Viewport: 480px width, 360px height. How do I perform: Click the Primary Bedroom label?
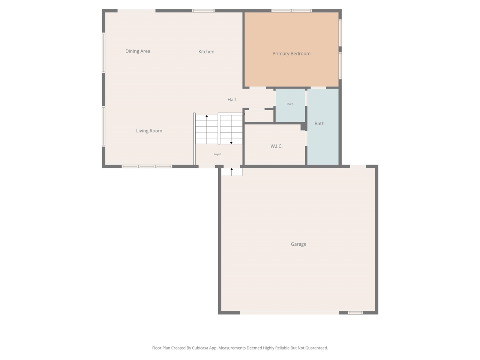click(291, 54)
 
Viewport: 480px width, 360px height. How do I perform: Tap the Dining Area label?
click(138, 51)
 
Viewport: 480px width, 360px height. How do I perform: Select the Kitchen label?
click(206, 52)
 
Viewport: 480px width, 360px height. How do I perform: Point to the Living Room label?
click(149, 131)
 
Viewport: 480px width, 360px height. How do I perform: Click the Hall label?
click(231, 100)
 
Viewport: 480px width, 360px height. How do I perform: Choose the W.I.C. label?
click(276, 146)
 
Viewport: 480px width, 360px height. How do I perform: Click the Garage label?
click(298, 244)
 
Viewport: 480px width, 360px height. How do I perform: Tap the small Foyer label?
click(217, 154)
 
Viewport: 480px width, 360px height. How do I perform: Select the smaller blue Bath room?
click(290, 105)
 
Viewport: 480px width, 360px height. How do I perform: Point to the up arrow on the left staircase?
click(207, 117)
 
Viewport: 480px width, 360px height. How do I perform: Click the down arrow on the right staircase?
click(231, 142)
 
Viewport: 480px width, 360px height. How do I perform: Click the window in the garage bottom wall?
click(355, 313)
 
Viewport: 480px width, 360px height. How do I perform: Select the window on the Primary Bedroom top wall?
click(292, 11)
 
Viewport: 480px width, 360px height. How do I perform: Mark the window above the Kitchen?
click(204, 11)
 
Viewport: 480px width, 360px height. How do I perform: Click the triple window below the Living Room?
click(147, 166)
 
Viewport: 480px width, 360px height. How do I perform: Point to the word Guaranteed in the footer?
click(316, 348)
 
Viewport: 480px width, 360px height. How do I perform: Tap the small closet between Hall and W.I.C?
click(259, 116)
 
